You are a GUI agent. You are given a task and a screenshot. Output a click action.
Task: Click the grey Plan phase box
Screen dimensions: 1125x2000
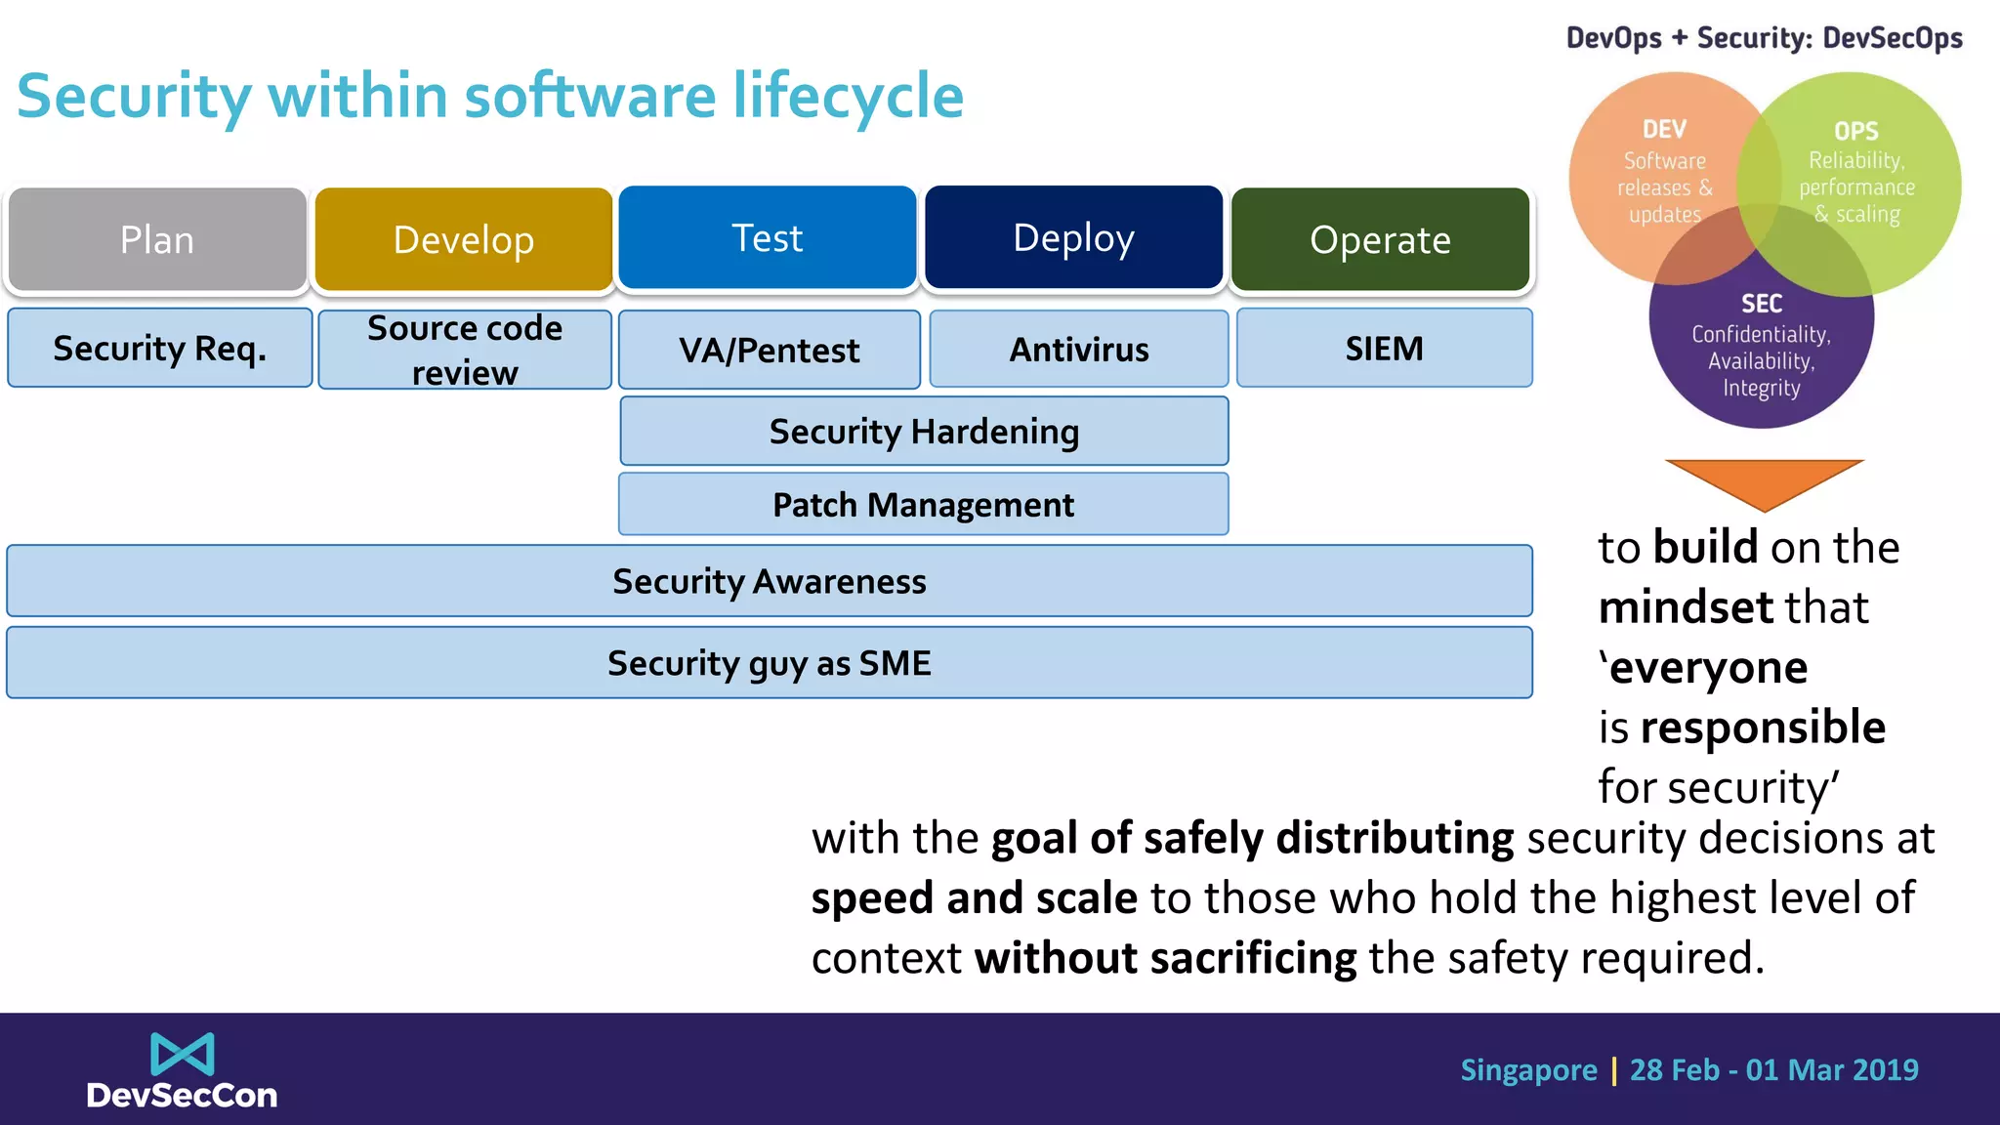click(157, 239)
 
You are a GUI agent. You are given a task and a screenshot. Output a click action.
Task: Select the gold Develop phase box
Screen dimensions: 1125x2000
click(464, 239)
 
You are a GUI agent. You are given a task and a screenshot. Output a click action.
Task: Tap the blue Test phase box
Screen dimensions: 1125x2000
click(768, 237)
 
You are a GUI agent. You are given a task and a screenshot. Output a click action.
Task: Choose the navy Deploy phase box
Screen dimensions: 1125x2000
click(1073, 237)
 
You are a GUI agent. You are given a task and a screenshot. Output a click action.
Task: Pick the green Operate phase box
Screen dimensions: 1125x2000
click(1380, 239)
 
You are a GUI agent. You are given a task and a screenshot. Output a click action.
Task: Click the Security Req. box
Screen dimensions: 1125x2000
click(159, 348)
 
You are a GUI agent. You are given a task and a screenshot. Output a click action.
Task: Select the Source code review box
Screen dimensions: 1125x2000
click(465, 350)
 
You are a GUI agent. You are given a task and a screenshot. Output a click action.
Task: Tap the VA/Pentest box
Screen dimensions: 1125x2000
click(770, 350)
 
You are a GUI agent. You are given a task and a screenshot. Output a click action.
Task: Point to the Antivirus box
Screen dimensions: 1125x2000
click(1079, 349)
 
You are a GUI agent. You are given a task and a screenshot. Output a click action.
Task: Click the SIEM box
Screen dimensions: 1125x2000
click(1384, 348)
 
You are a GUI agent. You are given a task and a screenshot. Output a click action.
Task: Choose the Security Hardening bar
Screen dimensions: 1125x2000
click(924, 431)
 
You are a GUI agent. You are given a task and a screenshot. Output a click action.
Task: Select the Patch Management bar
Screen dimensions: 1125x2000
click(924, 504)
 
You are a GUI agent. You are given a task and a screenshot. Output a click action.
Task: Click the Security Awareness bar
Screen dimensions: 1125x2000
click(770, 581)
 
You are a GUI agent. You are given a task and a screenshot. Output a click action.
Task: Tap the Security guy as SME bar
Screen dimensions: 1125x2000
click(770, 663)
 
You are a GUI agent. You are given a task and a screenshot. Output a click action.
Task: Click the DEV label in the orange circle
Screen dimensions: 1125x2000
click(1664, 129)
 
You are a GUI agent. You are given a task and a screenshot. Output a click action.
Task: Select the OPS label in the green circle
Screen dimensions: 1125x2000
click(1855, 131)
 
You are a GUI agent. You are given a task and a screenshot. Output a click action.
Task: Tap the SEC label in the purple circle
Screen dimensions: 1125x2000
click(1761, 304)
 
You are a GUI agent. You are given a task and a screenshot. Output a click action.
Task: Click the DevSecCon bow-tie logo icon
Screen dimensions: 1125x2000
click(182, 1054)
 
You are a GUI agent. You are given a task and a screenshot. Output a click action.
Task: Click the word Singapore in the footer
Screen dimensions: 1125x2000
click(1528, 1070)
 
